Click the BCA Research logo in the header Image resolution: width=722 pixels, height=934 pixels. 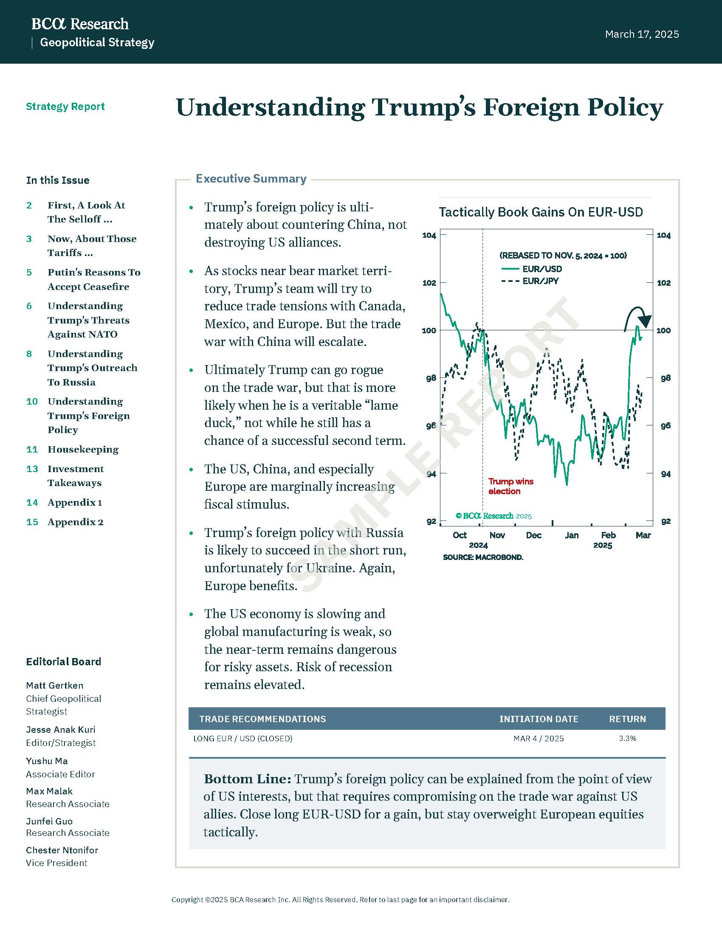[x=80, y=24]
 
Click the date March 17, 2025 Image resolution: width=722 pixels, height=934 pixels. [x=642, y=34]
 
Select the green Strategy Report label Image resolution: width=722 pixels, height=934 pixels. [x=65, y=107]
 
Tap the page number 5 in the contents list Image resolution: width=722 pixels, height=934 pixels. [x=29, y=273]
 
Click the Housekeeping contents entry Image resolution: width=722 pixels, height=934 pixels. [x=83, y=450]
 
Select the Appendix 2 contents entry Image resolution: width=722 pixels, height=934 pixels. [x=75, y=522]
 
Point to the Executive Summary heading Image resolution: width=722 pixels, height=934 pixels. [x=251, y=179]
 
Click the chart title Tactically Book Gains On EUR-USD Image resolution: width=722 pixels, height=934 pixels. [x=541, y=212]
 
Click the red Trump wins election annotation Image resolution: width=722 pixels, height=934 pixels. [x=510, y=486]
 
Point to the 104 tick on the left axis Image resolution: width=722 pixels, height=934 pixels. [x=429, y=235]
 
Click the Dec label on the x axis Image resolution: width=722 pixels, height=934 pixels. [x=533, y=535]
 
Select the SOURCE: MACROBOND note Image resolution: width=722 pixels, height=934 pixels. [x=483, y=558]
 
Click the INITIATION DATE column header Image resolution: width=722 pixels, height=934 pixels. [x=539, y=719]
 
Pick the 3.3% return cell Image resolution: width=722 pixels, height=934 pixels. [x=627, y=739]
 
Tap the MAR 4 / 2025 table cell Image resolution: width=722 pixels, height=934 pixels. [x=539, y=739]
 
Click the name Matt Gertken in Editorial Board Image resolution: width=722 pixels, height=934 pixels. [x=55, y=686]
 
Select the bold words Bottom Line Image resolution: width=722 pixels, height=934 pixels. [x=247, y=779]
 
